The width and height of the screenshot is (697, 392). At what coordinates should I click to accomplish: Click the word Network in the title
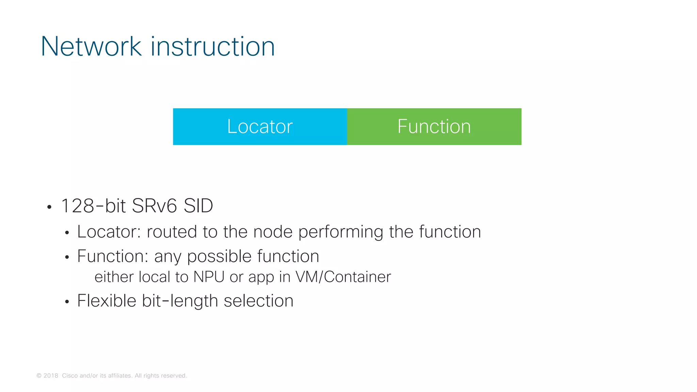point(91,46)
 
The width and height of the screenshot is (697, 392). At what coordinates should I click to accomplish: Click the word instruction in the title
point(213,46)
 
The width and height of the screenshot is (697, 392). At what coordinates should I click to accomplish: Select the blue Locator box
point(260,127)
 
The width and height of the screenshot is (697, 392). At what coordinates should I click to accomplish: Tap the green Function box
point(434,127)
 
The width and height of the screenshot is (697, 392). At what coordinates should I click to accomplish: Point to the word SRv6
point(154,206)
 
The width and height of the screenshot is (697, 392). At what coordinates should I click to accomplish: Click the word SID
point(198,206)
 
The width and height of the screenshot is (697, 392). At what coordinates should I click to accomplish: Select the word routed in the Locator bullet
point(172,232)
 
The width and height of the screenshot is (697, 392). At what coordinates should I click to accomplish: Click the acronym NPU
point(209,277)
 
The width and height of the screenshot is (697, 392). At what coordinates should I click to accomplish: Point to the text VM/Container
point(343,277)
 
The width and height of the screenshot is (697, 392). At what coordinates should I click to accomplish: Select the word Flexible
point(107,301)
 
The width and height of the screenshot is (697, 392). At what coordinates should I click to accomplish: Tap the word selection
point(258,301)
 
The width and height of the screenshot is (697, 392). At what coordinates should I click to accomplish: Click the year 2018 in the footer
point(51,376)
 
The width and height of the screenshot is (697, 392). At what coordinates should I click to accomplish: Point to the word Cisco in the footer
point(70,376)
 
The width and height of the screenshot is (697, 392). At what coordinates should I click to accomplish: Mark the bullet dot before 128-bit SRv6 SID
point(49,207)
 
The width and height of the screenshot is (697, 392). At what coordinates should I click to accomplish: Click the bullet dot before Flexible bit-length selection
point(67,302)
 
